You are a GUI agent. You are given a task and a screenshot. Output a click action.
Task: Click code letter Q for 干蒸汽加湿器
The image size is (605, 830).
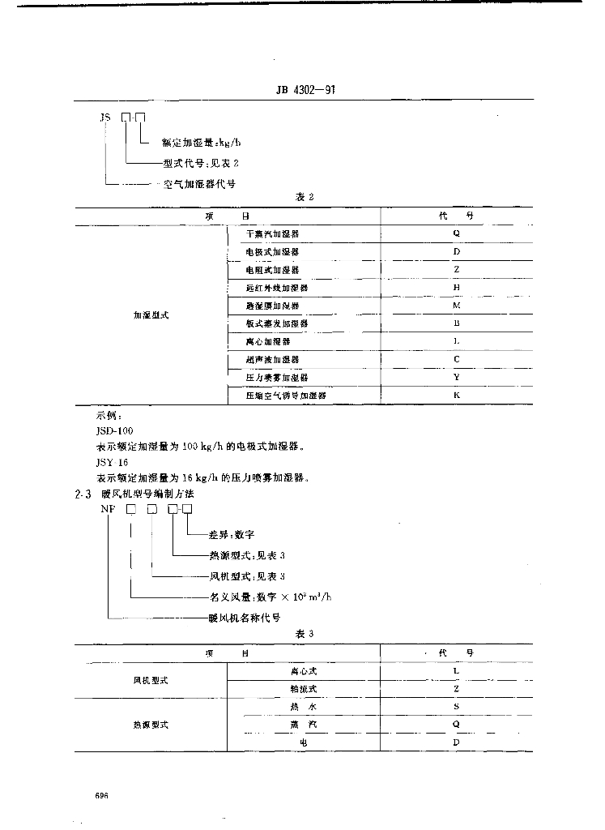coord(456,233)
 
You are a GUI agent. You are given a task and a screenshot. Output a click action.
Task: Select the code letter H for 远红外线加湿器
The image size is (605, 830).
coord(456,287)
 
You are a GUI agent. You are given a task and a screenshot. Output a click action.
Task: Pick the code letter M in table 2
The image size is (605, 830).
coord(456,306)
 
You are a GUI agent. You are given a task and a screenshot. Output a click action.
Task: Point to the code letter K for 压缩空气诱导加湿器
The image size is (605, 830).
coord(456,395)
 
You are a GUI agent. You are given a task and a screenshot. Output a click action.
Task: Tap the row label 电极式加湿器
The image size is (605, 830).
coord(273,252)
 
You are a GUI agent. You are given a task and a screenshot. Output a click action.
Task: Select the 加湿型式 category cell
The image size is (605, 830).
coord(151,314)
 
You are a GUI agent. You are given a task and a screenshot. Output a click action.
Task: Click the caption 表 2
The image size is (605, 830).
coord(304,197)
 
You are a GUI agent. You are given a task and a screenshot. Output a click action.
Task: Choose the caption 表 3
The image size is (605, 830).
coord(304,634)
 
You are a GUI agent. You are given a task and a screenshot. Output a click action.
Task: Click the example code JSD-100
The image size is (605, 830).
coord(114,431)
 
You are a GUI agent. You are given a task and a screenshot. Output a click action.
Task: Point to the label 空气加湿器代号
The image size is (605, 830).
coord(199,184)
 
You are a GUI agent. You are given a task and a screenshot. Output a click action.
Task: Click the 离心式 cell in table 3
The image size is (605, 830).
coord(304,671)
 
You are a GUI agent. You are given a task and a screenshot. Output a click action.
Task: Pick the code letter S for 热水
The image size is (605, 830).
coord(456,706)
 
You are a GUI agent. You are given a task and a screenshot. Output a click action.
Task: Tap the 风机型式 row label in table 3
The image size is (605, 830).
coord(151,680)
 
